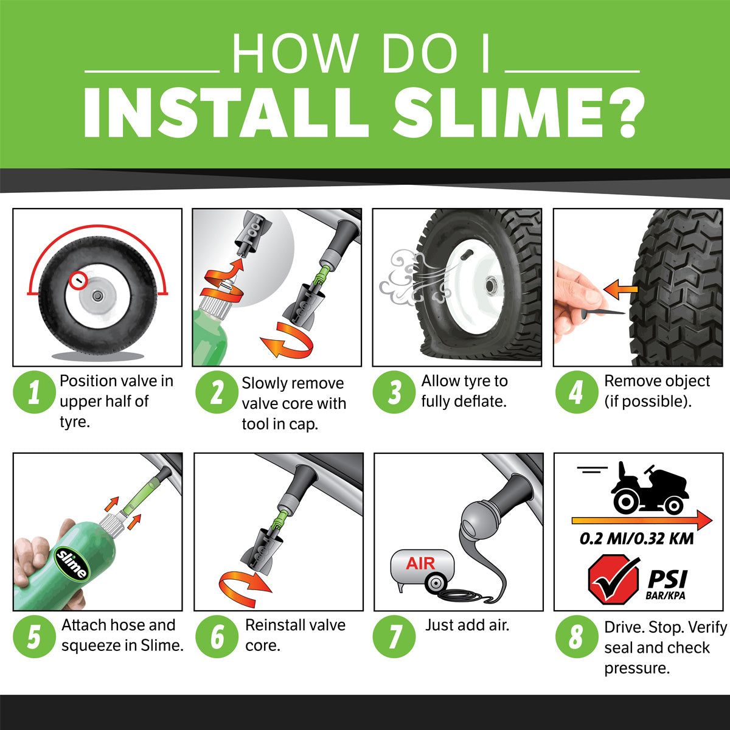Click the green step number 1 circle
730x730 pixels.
click(33, 392)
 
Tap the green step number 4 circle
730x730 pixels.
click(575, 392)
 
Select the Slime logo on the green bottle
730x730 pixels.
click(72, 563)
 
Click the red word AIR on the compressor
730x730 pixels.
click(420, 563)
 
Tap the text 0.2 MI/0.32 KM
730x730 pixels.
click(636, 538)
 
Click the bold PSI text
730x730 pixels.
click(667, 579)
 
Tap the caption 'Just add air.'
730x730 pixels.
click(467, 625)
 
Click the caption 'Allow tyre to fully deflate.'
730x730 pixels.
click(464, 391)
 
